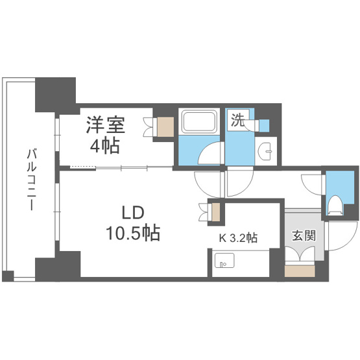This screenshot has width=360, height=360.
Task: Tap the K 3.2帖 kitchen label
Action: pos(238,237)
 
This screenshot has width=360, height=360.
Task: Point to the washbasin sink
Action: pos(266,150)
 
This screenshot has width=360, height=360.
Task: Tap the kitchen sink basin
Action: pos(224,264)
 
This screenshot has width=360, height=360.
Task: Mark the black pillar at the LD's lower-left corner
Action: pos(57,267)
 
